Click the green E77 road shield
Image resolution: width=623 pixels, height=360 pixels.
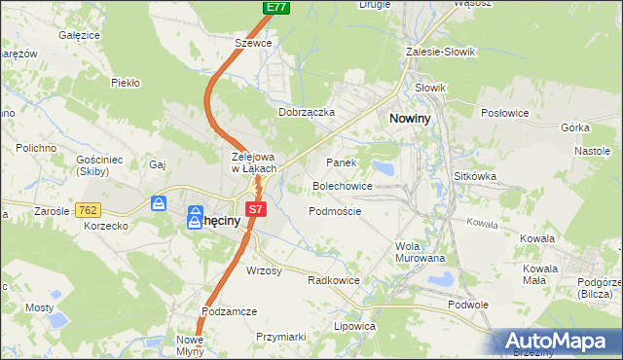[x=276, y=7]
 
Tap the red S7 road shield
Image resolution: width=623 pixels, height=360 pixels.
[x=255, y=208]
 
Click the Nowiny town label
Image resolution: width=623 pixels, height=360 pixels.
[x=418, y=117]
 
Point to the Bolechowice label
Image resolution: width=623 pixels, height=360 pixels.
[x=342, y=185]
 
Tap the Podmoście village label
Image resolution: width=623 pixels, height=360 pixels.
[x=335, y=211]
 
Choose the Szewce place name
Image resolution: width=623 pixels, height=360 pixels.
[x=252, y=43]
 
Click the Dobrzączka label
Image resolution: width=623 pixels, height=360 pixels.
[x=307, y=112]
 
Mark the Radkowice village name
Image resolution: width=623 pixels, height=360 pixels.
[x=334, y=279]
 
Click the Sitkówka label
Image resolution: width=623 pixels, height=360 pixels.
[x=475, y=177]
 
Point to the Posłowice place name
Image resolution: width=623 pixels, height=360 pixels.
[x=504, y=113]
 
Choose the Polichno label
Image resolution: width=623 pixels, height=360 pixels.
[x=35, y=148]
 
